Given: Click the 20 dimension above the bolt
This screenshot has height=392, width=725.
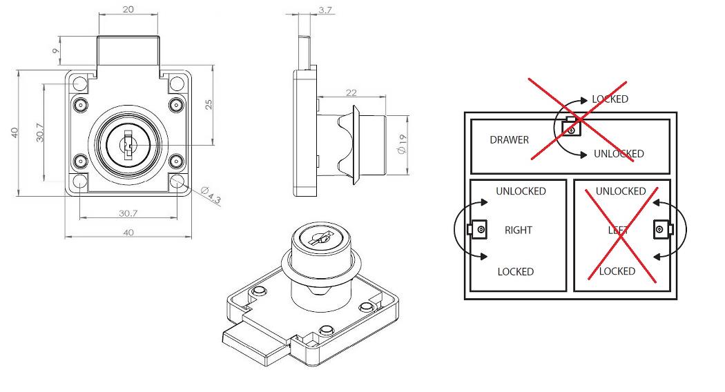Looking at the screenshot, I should point(128,10).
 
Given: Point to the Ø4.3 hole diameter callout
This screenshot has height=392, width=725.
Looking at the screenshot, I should point(211,195).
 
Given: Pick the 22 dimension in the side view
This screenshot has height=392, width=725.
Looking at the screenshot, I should point(351,92).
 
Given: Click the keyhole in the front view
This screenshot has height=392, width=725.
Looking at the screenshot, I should point(128,145).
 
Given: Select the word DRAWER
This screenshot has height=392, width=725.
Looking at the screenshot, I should point(509,140).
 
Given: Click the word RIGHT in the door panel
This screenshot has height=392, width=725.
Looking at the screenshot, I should point(518,231).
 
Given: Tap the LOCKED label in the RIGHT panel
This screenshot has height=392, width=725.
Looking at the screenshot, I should point(515,272).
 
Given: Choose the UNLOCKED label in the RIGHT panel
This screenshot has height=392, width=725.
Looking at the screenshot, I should point(521,191).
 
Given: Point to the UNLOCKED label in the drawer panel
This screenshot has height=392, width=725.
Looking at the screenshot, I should point(619,154).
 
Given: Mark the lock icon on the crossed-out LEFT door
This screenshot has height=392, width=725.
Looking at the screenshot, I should point(661,229).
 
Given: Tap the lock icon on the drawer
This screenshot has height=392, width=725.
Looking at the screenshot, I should point(570,126).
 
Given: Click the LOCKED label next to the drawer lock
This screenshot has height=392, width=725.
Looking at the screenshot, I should point(610,99).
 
